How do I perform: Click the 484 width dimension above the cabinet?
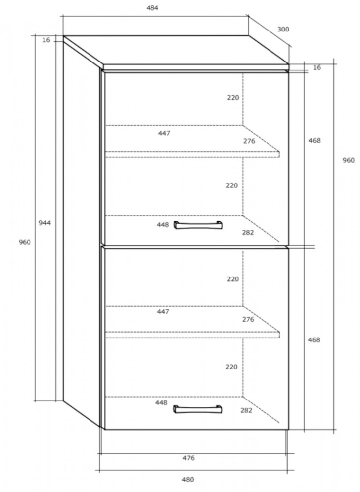pyautogui.click(x=152, y=8)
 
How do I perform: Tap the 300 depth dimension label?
pyautogui.click(x=283, y=29)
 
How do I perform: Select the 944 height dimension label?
pyautogui.click(x=45, y=223)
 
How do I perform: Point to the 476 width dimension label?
pyautogui.click(x=188, y=458)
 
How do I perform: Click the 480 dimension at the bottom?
pyautogui.click(x=188, y=479)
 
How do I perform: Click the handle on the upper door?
pyautogui.click(x=198, y=225)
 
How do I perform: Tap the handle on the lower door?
pyautogui.click(x=198, y=409)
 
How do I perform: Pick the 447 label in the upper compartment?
pyautogui.click(x=164, y=133)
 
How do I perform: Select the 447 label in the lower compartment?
pyautogui.click(x=163, y=311)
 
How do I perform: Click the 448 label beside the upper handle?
pyautogui.click(x=163, y=225)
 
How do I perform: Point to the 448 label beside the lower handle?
pyautogui.click(x=161, y=402)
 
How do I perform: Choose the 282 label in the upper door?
pyautogui.click(x=248, y=233)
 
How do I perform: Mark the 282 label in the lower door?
pyautogui.click(x=246, y=410)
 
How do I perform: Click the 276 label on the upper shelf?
pyautogui.click(x=249, y=141)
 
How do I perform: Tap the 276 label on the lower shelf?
pyautogui.click(x=248, y=319)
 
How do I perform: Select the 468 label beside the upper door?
pyautogui.click(x=315, y=140)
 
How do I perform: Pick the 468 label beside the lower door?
pyautogui.click(x=314, y=340)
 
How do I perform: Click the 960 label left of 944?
pyautogui.click(x=25, y=242)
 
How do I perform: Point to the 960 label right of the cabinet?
pyautogui.click(x=348, y=160)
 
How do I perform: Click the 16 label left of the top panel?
pyautogui.click(x=46, y=40)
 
